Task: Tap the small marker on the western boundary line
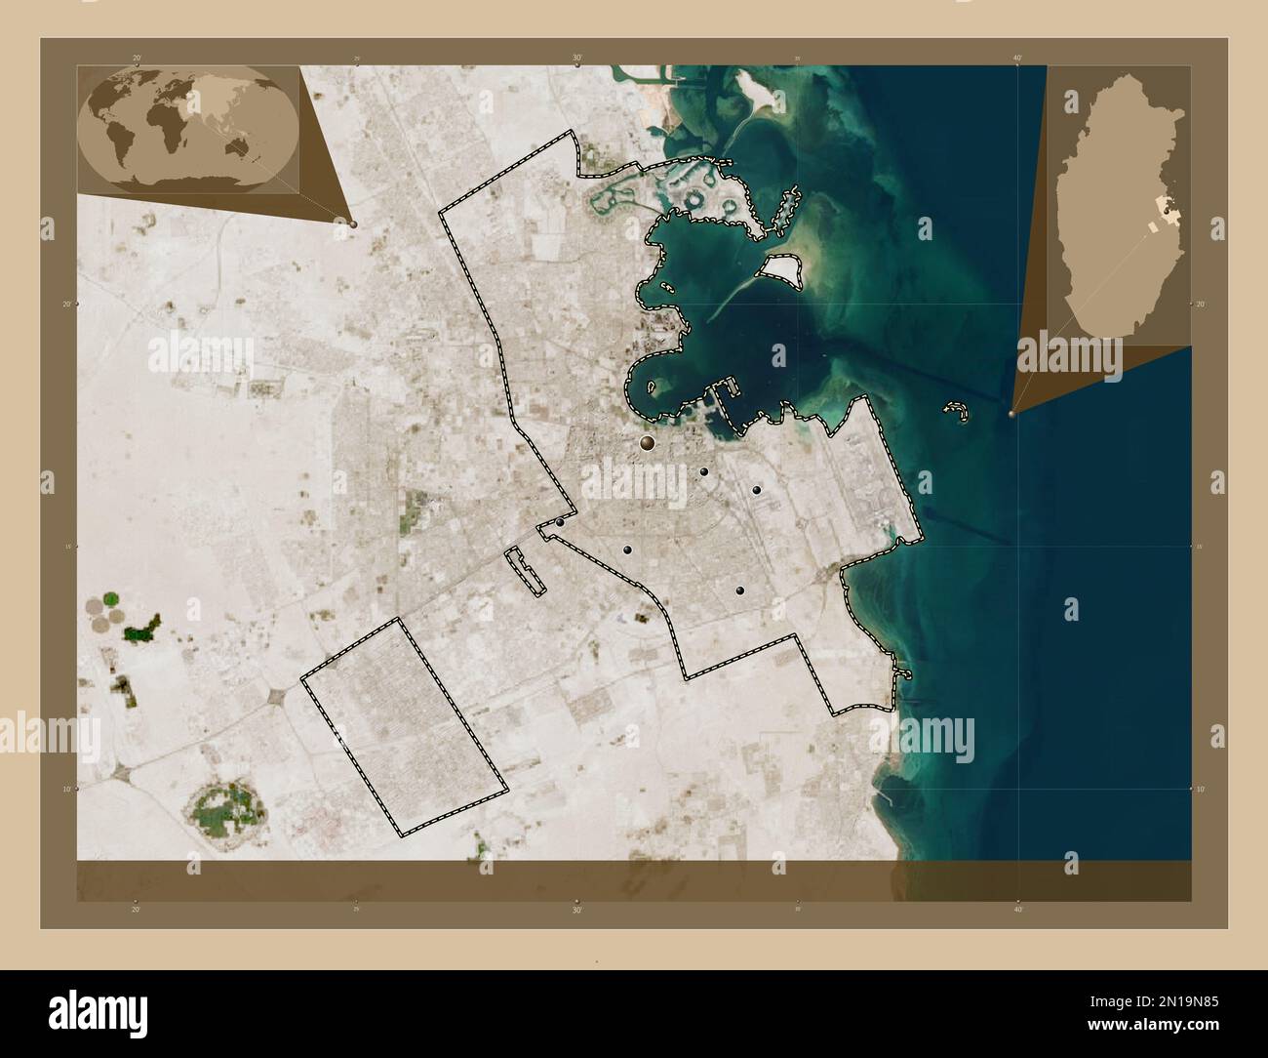561,522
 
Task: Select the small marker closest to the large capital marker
704,471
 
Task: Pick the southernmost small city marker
740,590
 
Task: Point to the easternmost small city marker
756,489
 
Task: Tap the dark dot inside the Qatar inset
1169,207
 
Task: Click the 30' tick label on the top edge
577,59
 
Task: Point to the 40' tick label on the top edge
1017,59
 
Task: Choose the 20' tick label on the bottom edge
137,909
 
